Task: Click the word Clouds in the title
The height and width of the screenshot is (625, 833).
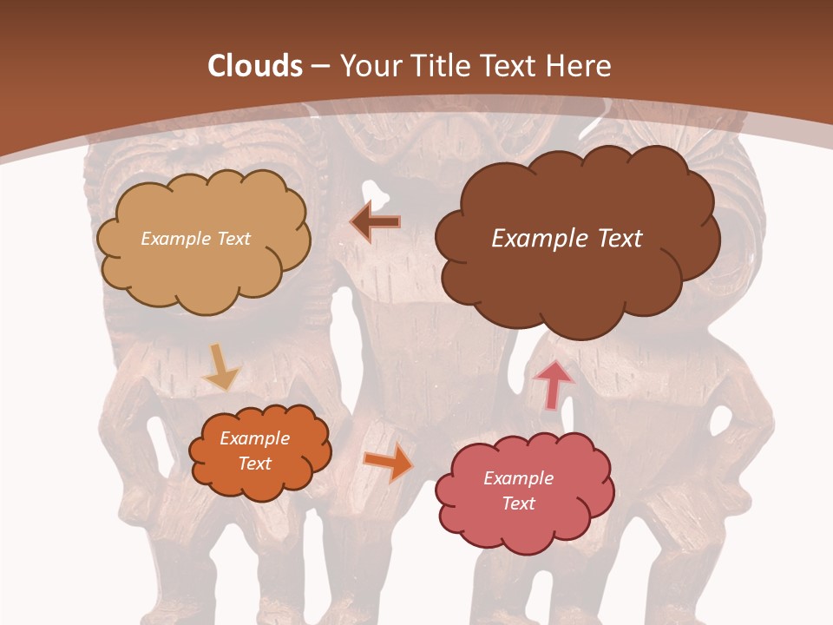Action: [255, 66]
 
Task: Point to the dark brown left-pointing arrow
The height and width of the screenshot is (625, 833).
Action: [376, 222]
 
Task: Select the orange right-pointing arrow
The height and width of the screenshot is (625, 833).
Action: [388, 464]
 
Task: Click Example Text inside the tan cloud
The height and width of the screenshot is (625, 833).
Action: [195, 239]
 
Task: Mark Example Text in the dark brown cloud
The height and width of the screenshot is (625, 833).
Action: [567, 239]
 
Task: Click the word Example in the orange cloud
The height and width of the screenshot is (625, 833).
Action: [255, 438]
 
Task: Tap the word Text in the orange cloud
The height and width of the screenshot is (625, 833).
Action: [255, 464]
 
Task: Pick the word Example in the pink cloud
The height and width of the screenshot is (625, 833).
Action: [518, 478]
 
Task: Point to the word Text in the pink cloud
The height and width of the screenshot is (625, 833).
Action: [518, 503]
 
